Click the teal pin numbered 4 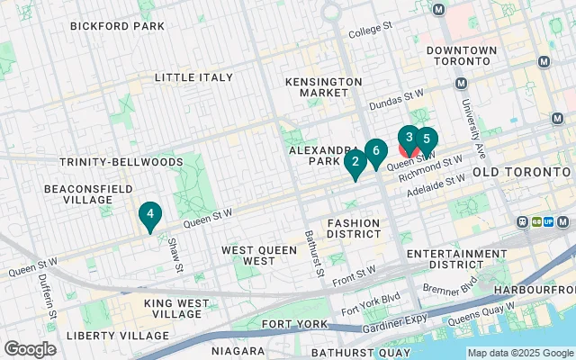150,215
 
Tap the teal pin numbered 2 355,163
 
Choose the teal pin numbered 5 426,139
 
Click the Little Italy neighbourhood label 193,78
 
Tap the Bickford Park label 117,26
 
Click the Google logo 30,349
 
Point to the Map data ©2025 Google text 519,353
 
